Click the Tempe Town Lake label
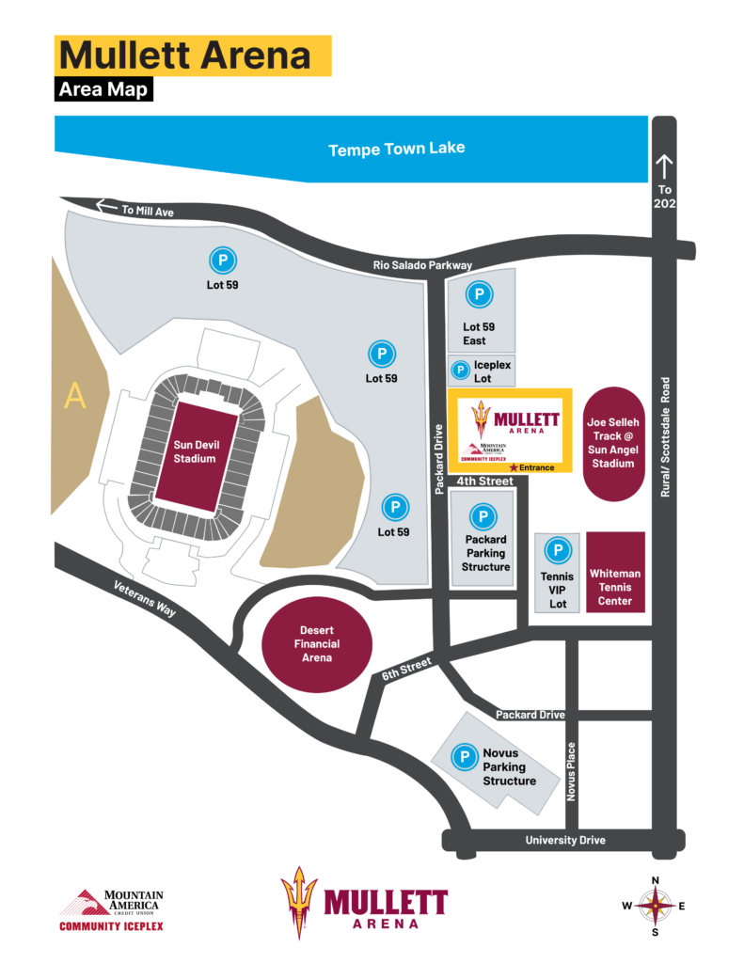pyautogui.click(x=396, y=149)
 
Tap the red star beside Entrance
pyautogui.click(x=513, y=467)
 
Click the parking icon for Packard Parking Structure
pyautogui.click(x=483, y=516)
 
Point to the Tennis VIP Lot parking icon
pyautogui.click(x=558, y=550)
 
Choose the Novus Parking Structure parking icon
pyautogui.click(x=464, y=755)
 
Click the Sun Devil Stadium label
pyautogui.click(x=194, y=451)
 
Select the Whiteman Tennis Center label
pyautogui.click(x=615, y=586)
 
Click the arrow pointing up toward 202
pyautogui.click(x=665, y=167)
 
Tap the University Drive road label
pyautogui.click(x=565, y=840)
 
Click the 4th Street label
pyautogui.click(x=485, y=481)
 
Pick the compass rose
pyautogui.click(x=655, y=906)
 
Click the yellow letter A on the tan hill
pyautogui.click(x=74, y=397)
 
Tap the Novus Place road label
pyautogui.click(x=571, y=772)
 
